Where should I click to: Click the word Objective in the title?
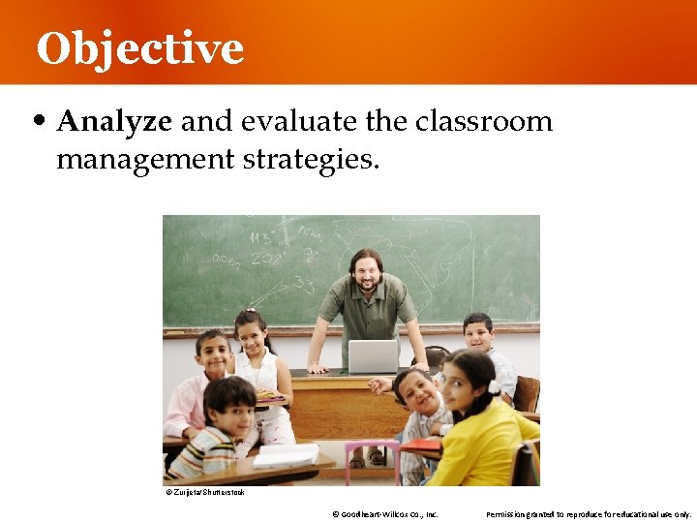139,48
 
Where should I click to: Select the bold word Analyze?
114,121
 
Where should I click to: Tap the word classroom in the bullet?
484,121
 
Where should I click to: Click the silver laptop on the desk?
373,355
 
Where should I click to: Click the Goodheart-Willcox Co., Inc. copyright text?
385,514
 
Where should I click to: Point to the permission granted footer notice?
588,514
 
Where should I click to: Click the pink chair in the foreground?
372,462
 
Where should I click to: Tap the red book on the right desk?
423,445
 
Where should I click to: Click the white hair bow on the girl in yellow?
493,386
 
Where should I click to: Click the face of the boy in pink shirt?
213,354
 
